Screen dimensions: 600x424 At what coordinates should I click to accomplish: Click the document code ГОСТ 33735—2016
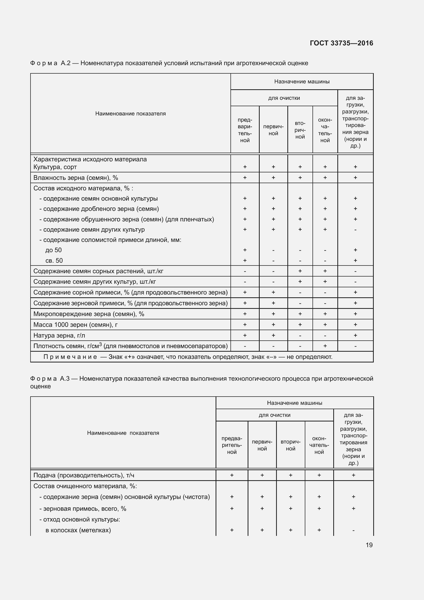click(x=341, y=43)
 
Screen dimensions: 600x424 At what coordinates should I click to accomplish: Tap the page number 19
click(x=369, y=545)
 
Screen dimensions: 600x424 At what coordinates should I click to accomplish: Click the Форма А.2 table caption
click(x=169, y=63)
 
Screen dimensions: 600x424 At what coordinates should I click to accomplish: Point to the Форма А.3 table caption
click(x=201, y=382)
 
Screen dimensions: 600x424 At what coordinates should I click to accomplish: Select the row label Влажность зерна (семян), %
click(x=76, y=178)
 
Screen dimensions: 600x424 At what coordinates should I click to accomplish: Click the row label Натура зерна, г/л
click(x=59, y=335)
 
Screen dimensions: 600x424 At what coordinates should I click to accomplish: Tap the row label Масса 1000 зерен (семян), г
click(x=75, y=324)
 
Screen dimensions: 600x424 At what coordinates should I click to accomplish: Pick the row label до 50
click(x=54, y=250)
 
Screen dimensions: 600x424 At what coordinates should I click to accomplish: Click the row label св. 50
click(x=54, y=261)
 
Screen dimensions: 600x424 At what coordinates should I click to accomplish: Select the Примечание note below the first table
click(x=188, y=357)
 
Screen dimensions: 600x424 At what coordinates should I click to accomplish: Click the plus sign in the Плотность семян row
click(x=325, y=346)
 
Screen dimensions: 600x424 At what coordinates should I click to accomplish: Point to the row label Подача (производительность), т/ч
click(x=84, y=475)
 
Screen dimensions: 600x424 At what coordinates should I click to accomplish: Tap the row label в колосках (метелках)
click(x=78, y=530)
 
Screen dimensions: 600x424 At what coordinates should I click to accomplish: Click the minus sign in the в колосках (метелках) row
click(x=353, y=530)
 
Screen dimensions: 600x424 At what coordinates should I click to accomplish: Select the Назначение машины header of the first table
click(x=301, y=82)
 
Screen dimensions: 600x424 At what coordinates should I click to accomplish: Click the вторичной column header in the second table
click(x=290, y=445)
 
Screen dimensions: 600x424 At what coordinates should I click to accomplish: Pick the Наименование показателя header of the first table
click(x=130, y=113)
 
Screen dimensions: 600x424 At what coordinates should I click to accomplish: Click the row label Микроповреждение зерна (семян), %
click(x=89, y=314)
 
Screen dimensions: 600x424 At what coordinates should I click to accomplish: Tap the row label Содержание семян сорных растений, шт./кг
click(x=98, y=271)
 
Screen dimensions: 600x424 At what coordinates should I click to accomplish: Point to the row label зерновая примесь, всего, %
click(x=83, y=508)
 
